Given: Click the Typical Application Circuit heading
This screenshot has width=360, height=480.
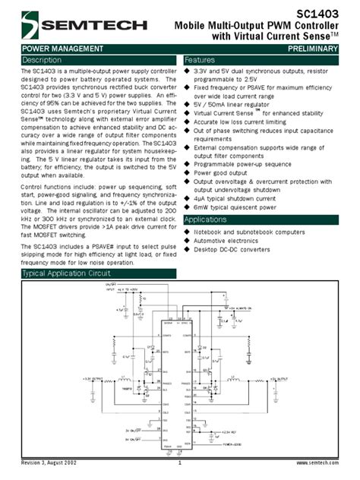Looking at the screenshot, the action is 66,273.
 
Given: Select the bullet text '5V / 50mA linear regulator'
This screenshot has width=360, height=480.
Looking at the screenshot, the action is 235,103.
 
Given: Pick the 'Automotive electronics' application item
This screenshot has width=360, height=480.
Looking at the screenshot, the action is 229,240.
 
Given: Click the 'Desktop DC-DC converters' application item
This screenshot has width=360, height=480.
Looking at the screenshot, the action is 232,249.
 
